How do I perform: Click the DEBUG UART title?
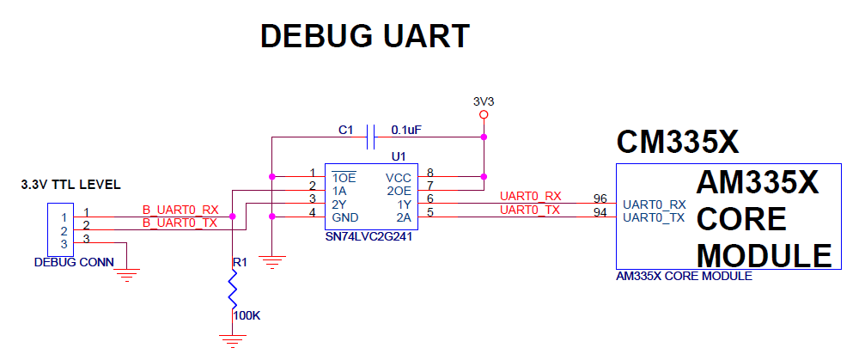[365, 36]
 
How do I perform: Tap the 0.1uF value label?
[407, 130]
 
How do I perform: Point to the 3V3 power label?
[484, 101]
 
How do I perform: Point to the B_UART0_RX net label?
[180, 210]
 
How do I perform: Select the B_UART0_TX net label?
[180, 223]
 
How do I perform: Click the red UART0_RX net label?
[530, 196]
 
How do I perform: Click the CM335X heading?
[678, 143]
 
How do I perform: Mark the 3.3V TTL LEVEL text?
[70, 185]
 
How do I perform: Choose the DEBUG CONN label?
[74, 262]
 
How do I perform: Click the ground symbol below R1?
[232, 341]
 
